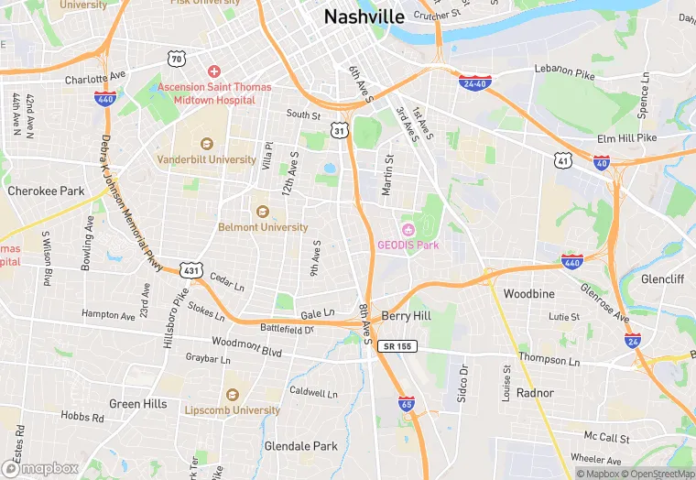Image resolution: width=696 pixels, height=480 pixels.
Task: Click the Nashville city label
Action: (364, 16)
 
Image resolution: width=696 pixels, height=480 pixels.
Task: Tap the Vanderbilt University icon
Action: (206, 143)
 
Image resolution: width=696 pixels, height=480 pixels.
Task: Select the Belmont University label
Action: (263, 227)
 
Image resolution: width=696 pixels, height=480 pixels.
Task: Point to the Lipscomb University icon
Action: (231, 394)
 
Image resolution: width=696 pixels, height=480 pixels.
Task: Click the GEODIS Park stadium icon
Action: (408, 228)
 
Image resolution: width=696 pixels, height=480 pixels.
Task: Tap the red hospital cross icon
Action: (214, 71)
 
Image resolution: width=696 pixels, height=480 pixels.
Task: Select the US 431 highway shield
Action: (190, 271)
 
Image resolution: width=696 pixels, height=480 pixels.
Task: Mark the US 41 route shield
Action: (562, 160)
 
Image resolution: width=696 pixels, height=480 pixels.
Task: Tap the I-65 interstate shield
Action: (406, 402)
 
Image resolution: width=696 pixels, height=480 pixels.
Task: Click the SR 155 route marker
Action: (397, 346)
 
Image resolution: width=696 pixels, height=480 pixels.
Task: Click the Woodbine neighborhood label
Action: (529, 294)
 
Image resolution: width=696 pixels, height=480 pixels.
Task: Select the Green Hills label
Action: (138, 404)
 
